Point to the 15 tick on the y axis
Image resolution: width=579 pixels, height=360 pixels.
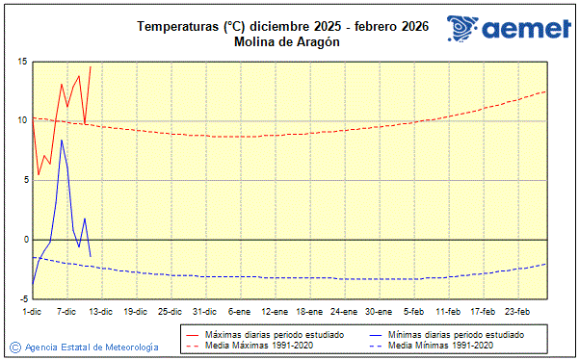pos(20,62)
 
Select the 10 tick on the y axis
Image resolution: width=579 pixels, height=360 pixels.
pos(20,121)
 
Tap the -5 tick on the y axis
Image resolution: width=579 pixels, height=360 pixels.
pos(20,298)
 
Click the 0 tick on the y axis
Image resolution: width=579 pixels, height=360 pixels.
pos(23,240)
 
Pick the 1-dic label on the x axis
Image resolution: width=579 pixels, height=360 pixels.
pos(31,311)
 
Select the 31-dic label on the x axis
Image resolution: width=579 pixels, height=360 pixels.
pos(204,311)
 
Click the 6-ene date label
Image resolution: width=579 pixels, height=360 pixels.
pos(239,311)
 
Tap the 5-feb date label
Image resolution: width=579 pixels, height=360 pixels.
pos(413,311)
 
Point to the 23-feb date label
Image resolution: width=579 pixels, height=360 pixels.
pos(518,311)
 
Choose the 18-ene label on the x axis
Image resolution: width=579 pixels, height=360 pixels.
pos(308,311)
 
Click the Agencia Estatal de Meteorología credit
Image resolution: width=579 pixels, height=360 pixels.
pos(92,347)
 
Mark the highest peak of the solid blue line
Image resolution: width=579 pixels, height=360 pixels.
pos(62,140)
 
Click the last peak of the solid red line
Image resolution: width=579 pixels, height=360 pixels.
pos(91,66)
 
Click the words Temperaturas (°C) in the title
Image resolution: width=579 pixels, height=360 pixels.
pos(191,26)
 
